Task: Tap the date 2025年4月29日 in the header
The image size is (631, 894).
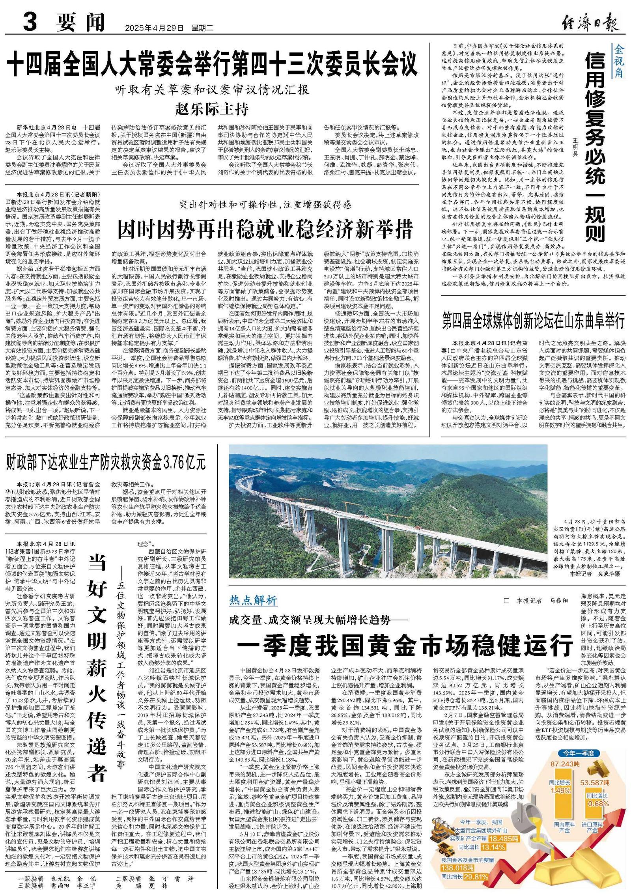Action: pos(154,28)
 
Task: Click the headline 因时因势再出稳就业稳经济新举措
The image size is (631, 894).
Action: pos(265,229)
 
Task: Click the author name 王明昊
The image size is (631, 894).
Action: pos(575,146)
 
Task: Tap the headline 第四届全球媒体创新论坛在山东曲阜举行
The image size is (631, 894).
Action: pos(533,321)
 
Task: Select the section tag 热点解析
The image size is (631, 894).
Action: pos(253,601)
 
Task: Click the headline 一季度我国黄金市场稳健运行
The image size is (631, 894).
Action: pos(405,645)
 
